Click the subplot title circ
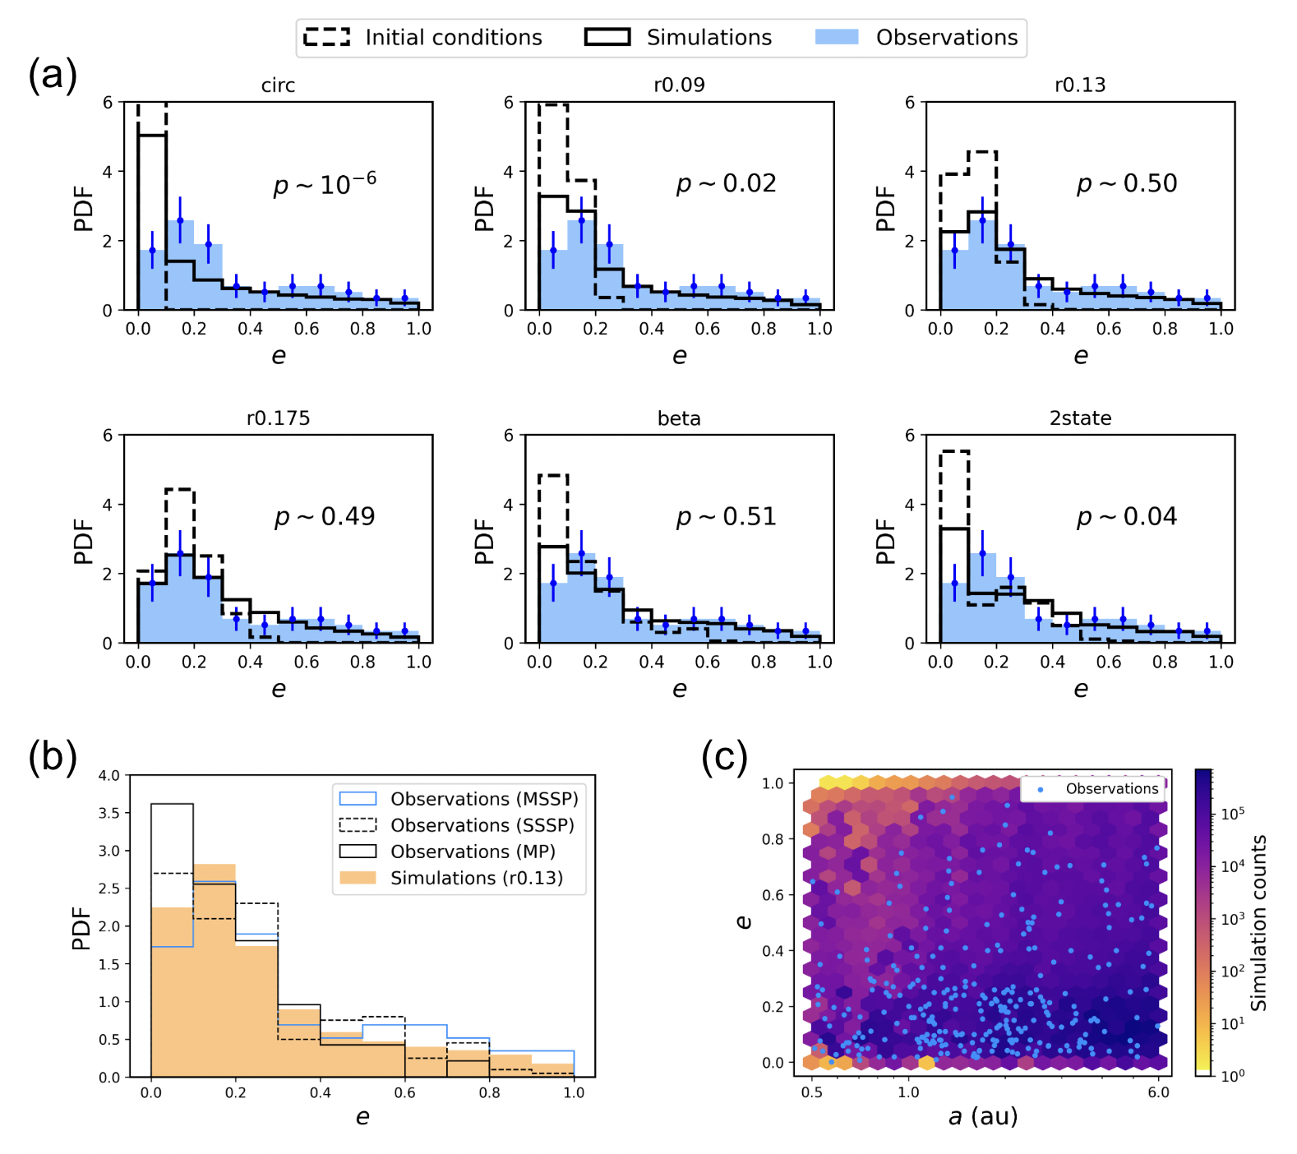pyautogui.click(x=278, y=85)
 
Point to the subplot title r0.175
pyautogui.click(x=278, y=418)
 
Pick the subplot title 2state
pyautogui.click(x=1080, y=418)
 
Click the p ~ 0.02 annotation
pyautogui.click(x=726, y=183)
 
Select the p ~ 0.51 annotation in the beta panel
pyautogui.click(x=726, y=516)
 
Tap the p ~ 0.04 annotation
pyautogui.click(x=1127, y=516)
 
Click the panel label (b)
pyautogui.click(x=53, y=757)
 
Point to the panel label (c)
pyautogui.click(x=724, y=757)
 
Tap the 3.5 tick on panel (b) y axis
pyautogui.click(x=109, y=813)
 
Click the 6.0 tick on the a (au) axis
pyautogui.click(x=1158, y=1092)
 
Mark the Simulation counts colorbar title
pyautogui.click(x=1258, y=922)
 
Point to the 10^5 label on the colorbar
pyautogui.click(x=1233, y=814)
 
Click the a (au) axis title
pyautogui.click(x=983, y=1116)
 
